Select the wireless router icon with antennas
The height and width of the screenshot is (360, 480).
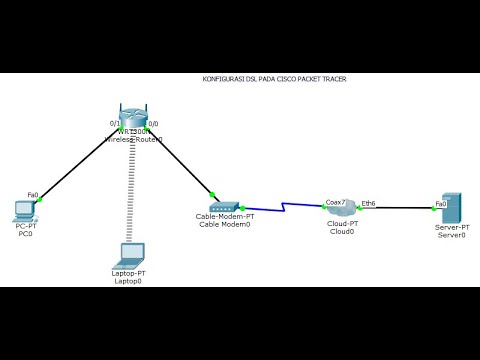click(133, 117)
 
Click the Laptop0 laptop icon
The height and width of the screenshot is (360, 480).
click(128, 254)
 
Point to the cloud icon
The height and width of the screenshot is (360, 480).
click(341, 208)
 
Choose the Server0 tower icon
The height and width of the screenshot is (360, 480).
click(451, 210)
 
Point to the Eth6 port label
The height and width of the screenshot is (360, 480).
click(368, 202)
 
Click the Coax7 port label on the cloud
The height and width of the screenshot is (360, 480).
click(335, 202)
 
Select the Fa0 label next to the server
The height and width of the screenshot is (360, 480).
click(440, 203)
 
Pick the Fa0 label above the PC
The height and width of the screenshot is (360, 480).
click(32, 195)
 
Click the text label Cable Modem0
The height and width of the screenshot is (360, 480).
click(224, 225)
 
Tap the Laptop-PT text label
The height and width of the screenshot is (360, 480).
click(128, 273)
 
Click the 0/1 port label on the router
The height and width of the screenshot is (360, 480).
click(115, 123)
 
